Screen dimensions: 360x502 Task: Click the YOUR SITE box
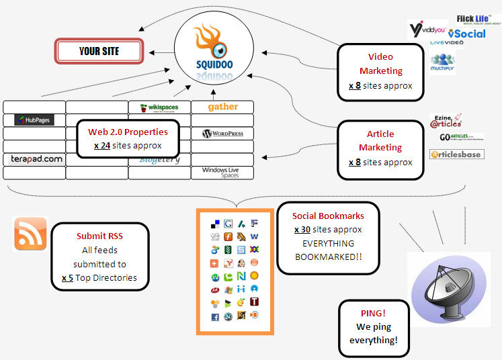(99, 51)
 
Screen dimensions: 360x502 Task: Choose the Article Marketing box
(380, 148)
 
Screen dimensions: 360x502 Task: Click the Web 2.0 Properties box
(128, 138)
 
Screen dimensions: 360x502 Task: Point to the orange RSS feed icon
(30, 233)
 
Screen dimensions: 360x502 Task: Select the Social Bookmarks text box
(328, 238)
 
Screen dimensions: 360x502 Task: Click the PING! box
(373, 328)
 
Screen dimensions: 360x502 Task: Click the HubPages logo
(34, 120)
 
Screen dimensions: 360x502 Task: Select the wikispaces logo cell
(159, 107)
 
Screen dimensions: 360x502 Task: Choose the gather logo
(222, 107)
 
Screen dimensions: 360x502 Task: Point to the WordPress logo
(222, 134)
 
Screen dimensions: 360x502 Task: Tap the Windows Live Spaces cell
(221, 173)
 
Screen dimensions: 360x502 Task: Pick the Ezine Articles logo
(446, 122)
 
